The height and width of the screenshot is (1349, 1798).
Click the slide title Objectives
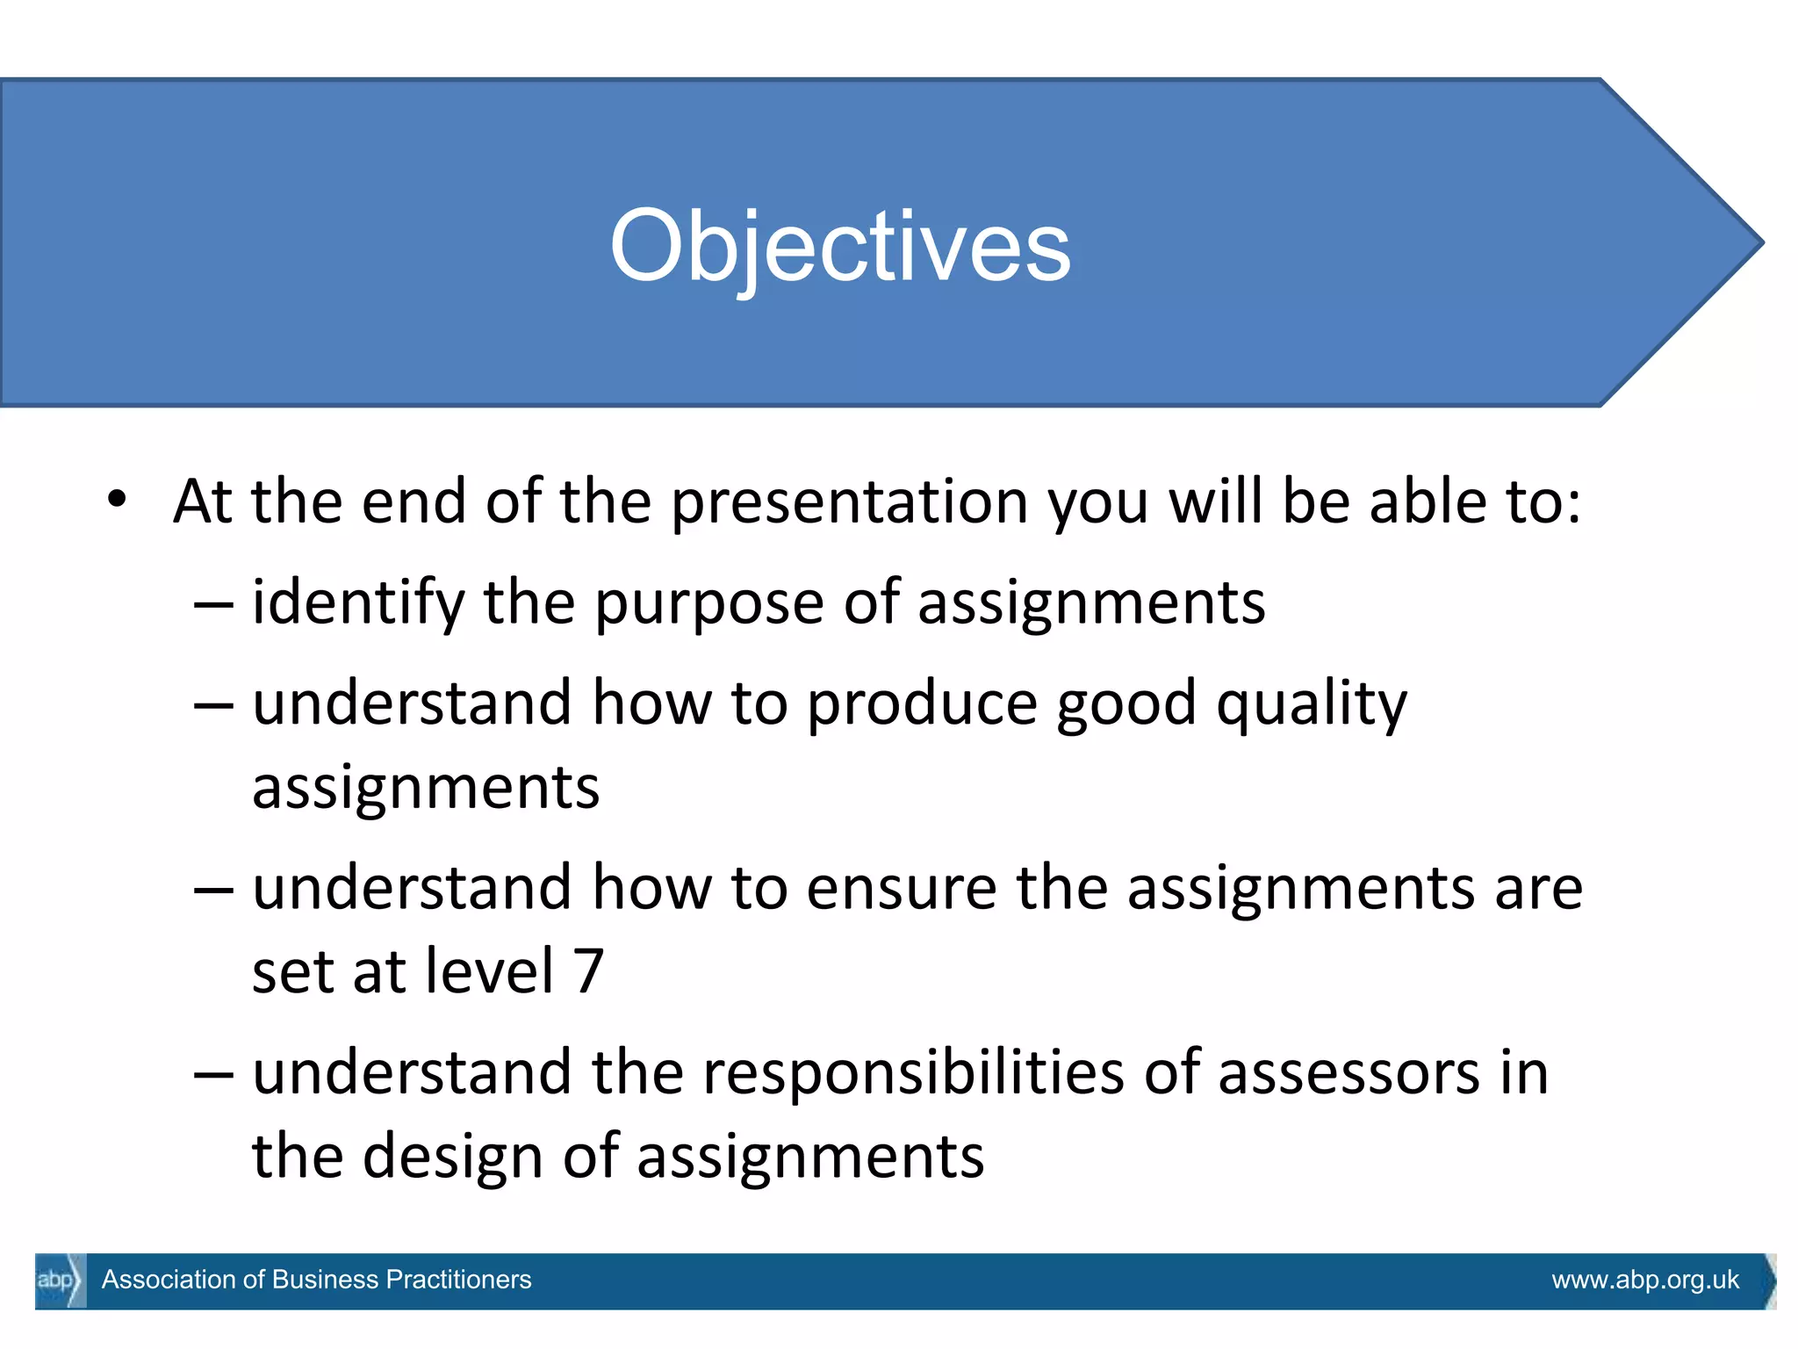coord(840,246)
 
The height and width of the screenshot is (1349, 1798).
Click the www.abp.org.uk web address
coord(1644,1280)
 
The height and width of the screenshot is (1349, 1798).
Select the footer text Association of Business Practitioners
coord(316,1280)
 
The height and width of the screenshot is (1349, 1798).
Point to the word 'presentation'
coord(850,502)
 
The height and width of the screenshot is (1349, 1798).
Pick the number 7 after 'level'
coord(589,971)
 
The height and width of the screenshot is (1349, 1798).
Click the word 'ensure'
coord(901,889)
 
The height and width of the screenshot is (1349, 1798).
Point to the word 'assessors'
coord(1348,1074)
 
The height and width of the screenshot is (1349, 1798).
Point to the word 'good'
coord(1126,705)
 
